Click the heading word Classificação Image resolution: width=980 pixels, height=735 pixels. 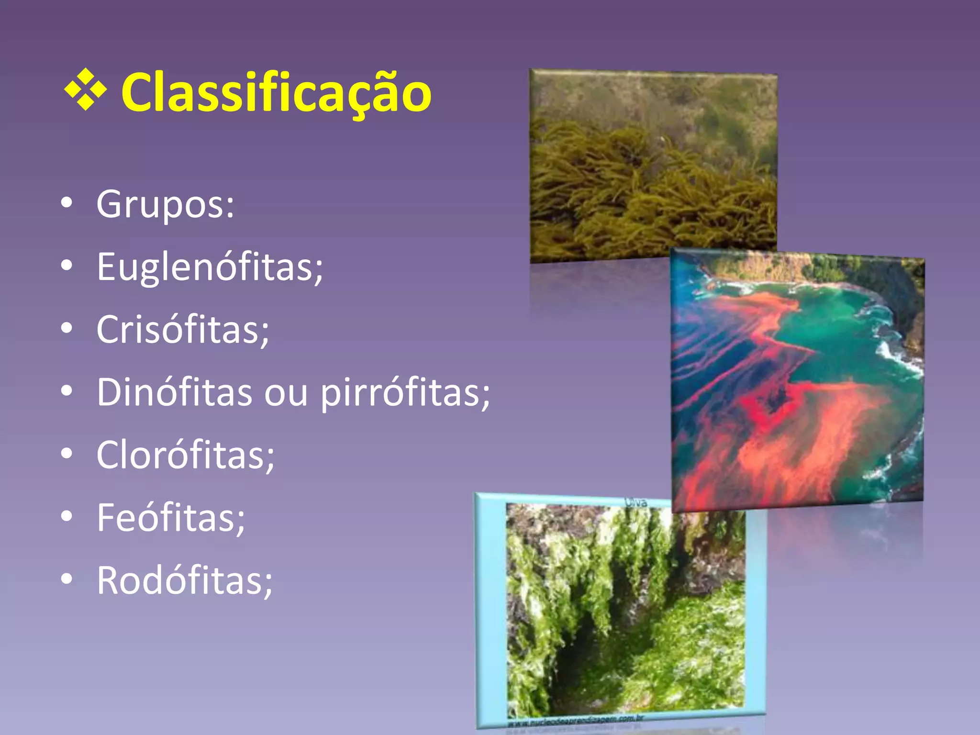[276, 92]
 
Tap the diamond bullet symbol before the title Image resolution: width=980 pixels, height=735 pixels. [85, 90]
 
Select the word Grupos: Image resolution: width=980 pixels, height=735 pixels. [165, 204]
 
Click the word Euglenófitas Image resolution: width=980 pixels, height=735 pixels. [210, 267]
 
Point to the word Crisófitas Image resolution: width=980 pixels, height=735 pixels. [183, 330]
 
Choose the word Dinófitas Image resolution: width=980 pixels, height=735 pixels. [174, 392]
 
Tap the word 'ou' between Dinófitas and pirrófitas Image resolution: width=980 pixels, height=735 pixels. [286, 393]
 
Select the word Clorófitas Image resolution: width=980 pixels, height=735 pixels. [185, 455]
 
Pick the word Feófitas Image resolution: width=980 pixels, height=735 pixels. [171, 518]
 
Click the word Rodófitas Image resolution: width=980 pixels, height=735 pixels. [184, 580]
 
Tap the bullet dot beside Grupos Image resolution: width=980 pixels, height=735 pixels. [67, 203]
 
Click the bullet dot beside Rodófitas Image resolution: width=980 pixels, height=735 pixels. [67, 579]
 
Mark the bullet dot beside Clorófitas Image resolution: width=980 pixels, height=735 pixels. [67, 454]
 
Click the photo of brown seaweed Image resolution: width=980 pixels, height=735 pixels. [653, 165]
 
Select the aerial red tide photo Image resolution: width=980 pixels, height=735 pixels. [797, 380]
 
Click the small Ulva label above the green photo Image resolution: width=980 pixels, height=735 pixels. [636, 502]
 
